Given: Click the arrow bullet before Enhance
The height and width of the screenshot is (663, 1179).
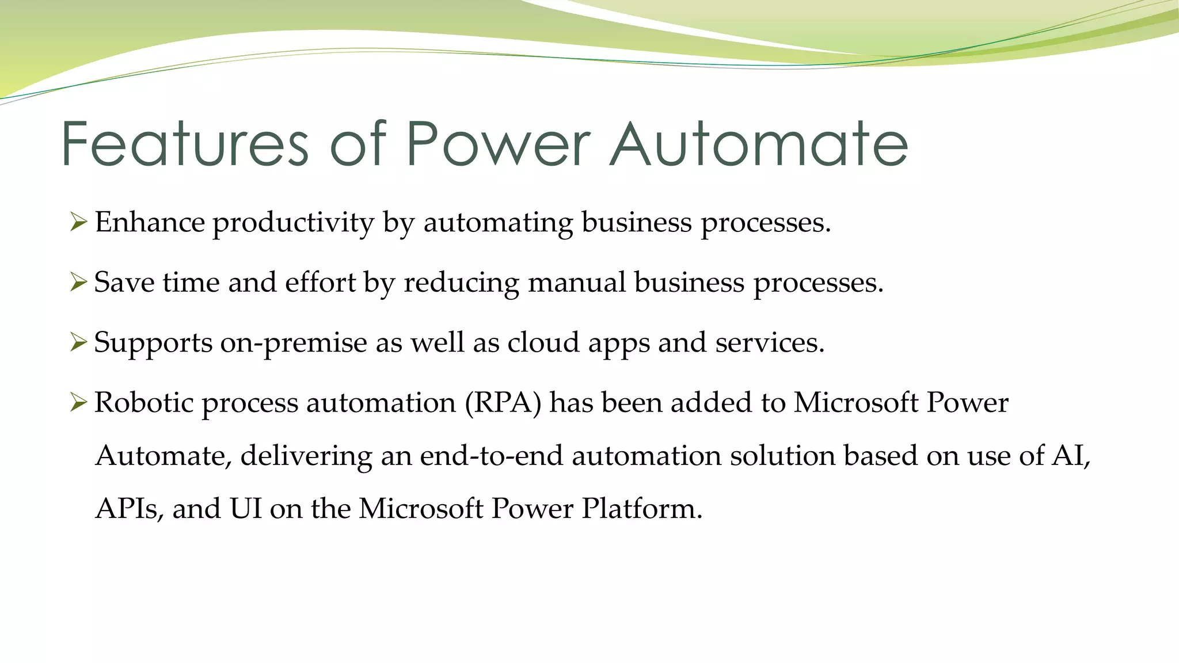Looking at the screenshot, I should (x=78, y=222).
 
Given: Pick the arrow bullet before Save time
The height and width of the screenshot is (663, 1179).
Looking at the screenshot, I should (x=78, y=282).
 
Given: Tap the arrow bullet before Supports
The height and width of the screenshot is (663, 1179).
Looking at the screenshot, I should (x=78, y=342).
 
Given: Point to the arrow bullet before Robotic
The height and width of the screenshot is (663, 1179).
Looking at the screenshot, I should (x=78, y=402).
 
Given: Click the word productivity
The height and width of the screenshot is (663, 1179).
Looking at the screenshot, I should (x=294, y=223).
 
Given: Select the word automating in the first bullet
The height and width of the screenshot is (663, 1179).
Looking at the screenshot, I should (x=498, y=223).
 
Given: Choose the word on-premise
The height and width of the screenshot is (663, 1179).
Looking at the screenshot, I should (x=294, y=343).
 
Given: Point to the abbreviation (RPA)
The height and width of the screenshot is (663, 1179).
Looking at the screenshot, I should (x=503, y=402).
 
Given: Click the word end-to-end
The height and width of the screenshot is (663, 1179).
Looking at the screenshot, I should (x=491, y=455).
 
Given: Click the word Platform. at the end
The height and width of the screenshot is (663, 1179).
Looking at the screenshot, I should (x=642, y=509).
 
